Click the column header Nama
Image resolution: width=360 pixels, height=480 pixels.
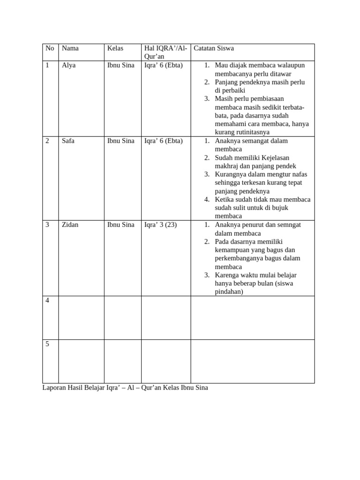click(70, 48)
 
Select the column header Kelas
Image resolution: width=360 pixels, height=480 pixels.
click(115, 48)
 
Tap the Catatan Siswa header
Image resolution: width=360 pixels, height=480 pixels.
click(214, 48)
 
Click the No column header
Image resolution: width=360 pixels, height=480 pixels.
click(50, 48)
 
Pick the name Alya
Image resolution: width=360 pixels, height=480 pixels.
click(68, 65)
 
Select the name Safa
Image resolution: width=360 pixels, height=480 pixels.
click(68, 141)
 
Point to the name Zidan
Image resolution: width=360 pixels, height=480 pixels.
click(70, 225)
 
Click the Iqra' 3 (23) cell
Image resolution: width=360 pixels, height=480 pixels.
click(161, 225)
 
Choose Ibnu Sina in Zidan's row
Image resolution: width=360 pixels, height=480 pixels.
click(120, 225)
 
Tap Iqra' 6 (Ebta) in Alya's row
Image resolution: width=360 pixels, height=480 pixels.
click(164, 65)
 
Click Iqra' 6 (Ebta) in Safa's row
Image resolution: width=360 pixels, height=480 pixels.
click(164, 141)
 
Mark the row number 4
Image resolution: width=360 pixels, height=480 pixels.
click(47, 300)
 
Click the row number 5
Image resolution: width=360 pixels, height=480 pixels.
click(47, 344)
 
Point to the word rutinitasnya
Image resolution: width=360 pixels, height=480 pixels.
click(259, 132)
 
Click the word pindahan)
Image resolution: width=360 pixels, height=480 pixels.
click(229, 292)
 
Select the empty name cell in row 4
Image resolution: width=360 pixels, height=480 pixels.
click(81, 317)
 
